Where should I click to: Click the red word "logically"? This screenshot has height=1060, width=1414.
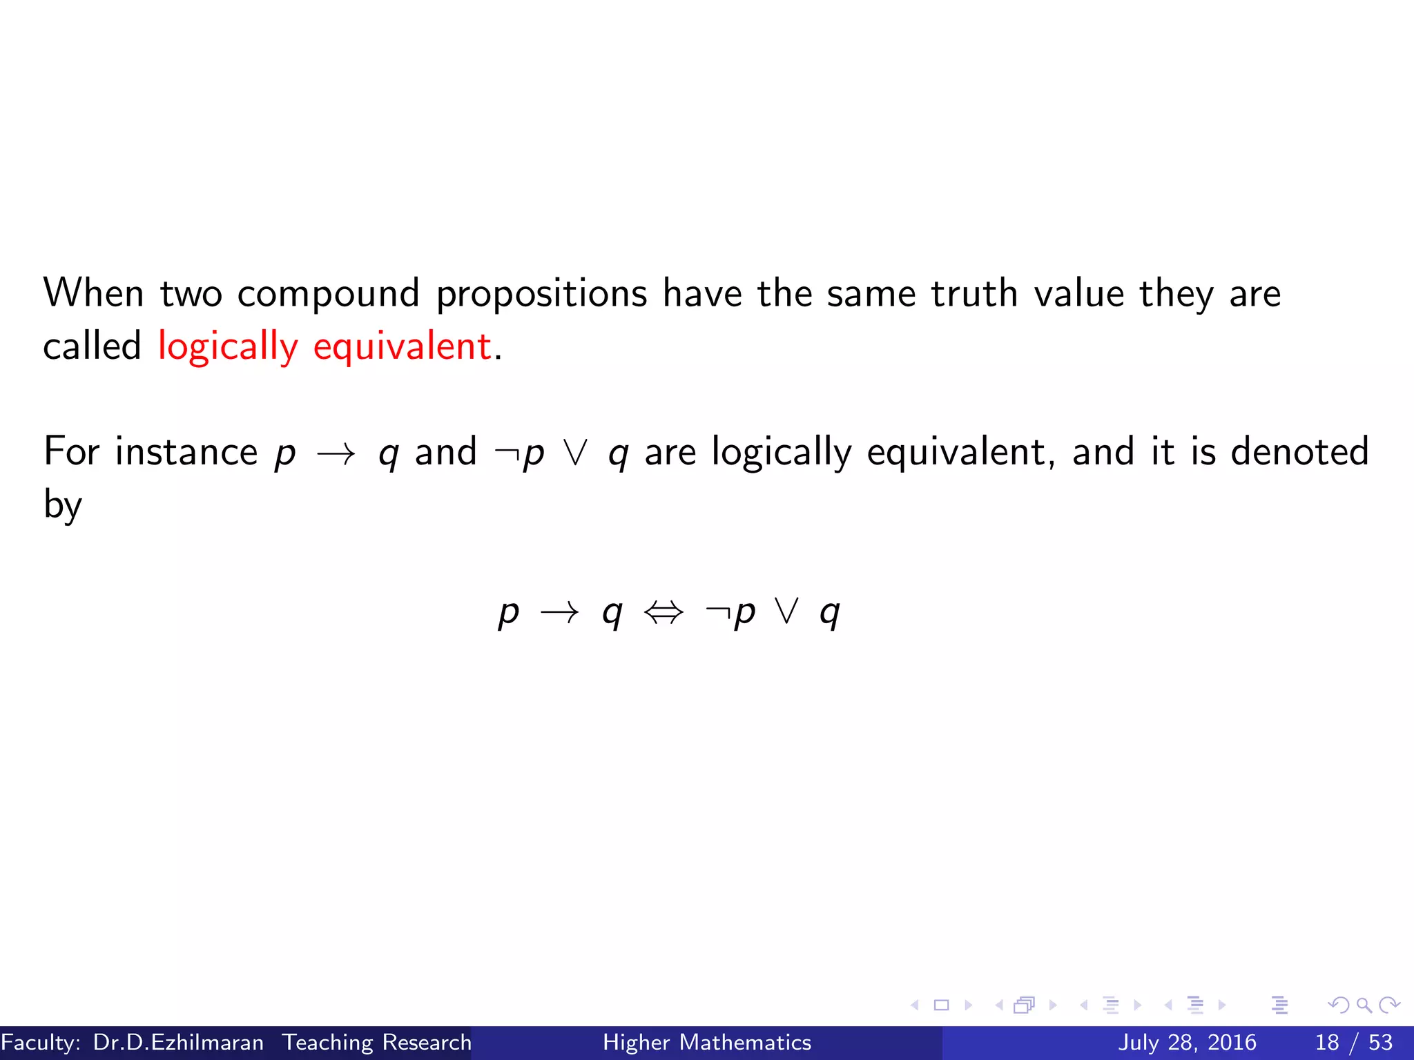(x=228, y=346)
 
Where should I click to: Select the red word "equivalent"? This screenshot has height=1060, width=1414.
(x=402, y=346)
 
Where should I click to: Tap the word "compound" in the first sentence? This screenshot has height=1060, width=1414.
(x=328, y=293)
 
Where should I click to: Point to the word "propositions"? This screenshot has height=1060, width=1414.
(x=541, y=293)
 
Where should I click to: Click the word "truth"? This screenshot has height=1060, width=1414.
(x=974, y=293)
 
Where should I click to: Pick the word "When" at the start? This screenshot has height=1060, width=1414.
(x=94, y=293)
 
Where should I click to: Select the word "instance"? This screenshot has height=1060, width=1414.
(x=186, y=452)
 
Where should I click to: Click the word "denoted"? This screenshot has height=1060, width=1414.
(x=1299, y=452)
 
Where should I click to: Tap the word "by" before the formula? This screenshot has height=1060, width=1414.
(x=63, y=505)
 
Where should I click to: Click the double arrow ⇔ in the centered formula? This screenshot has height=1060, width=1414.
(x=664, y=612)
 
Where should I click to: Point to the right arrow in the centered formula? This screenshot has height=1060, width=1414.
(x=559, y=612)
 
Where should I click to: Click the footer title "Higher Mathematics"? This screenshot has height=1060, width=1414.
(x=707, y=1042)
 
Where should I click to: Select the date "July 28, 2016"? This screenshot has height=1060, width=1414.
(x=1187, y=1042)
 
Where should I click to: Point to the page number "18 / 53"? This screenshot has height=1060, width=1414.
(x=1353, y=1042)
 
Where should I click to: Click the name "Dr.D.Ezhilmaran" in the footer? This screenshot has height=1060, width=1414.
(x=178, y=1042)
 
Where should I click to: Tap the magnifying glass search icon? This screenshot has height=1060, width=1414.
(x=1364, y=1005)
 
